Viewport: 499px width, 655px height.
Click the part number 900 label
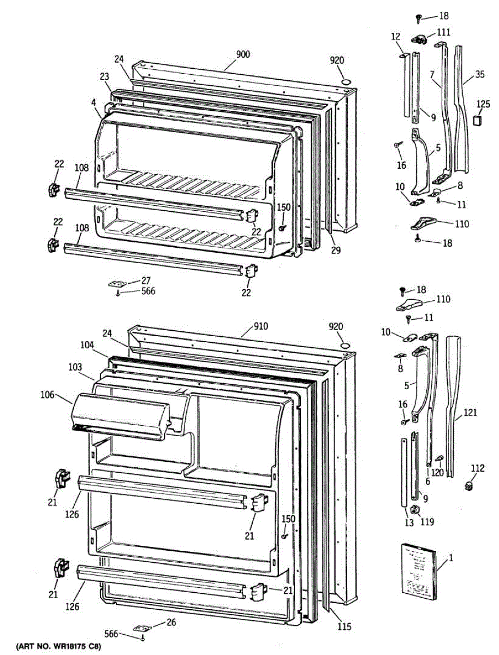pyautogui.click(x=243, y=55)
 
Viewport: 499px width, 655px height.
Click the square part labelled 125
pyautogui.click(x=478, y=120)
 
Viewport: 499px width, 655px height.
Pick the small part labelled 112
pyautogui.click(x=468, y=485)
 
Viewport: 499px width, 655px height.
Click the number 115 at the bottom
pyautogui.click(x=343, y=627)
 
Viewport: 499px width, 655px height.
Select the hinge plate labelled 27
pyautogui.click(x=116, y=284)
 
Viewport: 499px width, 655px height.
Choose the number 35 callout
pyautogui.click(x=479, y=74)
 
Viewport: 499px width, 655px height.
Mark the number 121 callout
pyautogui.click(x=470, y=414)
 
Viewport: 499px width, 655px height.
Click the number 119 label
pyautogui.click(x=427, y=522)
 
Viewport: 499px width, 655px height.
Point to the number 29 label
pyautogui.click(x=335, y=250)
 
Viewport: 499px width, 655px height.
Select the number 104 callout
pyautogui.click(x=87, y=345)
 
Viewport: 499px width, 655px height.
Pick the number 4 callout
pyautogui.click(x=94, y=101)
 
